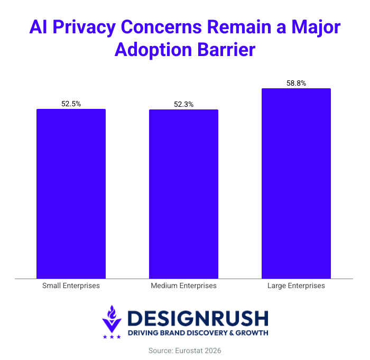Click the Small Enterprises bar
71,193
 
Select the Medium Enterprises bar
183,193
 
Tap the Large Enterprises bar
296,183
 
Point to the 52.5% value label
71,104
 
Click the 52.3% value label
183,104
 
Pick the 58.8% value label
296,83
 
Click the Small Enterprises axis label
71,286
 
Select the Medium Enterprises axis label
183,286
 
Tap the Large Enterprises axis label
296,286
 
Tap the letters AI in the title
39,27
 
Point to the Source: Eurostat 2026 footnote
184,350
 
